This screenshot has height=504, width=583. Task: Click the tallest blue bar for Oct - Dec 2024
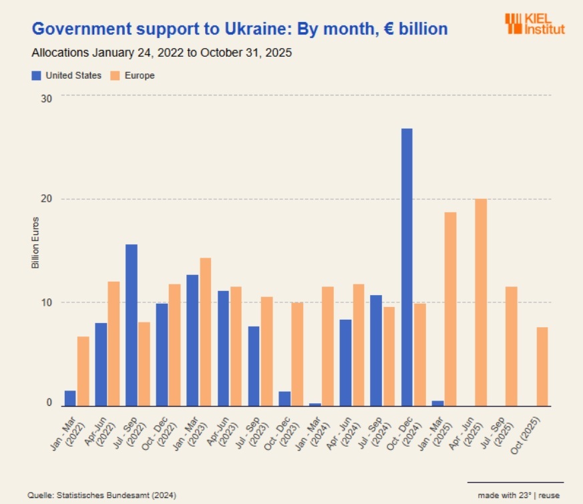pos(407,267)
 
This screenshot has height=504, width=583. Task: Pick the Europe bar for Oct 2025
pos(542,366)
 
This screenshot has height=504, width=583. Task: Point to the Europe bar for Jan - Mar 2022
pos(83,371)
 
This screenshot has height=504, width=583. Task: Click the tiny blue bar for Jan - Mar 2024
pos(315,405)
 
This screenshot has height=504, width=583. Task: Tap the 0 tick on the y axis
pos(49,403)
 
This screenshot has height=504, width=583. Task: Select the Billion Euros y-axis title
pos(35,243)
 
